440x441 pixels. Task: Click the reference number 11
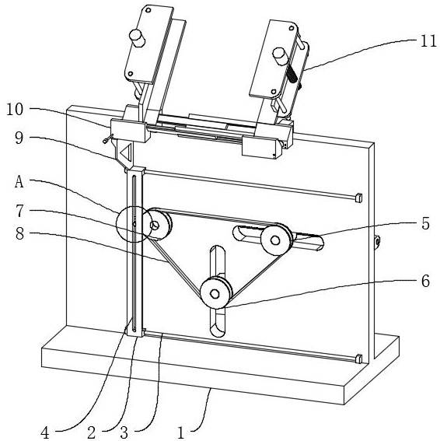pos(428,42)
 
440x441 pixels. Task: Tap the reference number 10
pos(15,110)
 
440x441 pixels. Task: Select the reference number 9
pos(19,138)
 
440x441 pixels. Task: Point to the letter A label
pos(19,181)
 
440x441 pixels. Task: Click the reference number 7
pos(19,211)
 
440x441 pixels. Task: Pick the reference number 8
pos(19,233)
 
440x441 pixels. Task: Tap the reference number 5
pos(426,223)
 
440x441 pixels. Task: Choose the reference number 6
pos(426,281)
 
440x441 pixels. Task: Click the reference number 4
pos(45,432)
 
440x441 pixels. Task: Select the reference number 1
pos(181,432)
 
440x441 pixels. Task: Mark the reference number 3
pos(124,432)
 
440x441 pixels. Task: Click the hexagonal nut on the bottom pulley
pos(215,294)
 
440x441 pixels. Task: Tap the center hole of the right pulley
pos(275,240)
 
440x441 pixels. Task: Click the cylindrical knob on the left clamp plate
pos(137,38)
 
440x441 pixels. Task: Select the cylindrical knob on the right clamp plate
pos(280,56)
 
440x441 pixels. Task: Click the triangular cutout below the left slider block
pos(126,152)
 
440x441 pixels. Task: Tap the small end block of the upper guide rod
pos(358,198)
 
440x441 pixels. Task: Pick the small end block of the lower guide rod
pos(358,359)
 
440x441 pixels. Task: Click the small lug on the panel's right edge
pos(377,241)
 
